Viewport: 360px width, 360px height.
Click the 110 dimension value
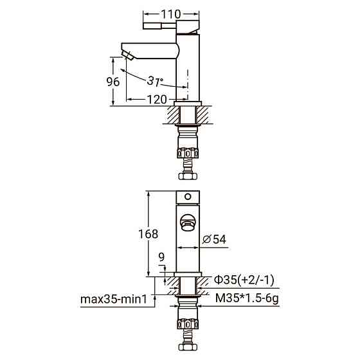pyautogui.click(x=171, y=14)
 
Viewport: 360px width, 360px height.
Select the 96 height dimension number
pyautogui.click(x=112, y=81)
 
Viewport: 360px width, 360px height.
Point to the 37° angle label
pyautogui.click(x=156, y=81)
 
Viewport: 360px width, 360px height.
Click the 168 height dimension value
pyautogui.click(x=148, y=234)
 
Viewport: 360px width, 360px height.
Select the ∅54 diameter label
pyautogui.click(x=213, y=239)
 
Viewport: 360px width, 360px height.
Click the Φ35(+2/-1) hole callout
pyautogui.click(x=244, y=280)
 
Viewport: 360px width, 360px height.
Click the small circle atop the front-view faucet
pyautogui.click(x=188, y=196)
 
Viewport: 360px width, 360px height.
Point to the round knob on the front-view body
pyautogui.click(x=188, y=222)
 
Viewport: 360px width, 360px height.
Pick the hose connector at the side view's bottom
pyautogui.click(x=188, y=174)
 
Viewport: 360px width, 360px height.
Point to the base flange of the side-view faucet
pyautogui.click(x=188, y=103)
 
